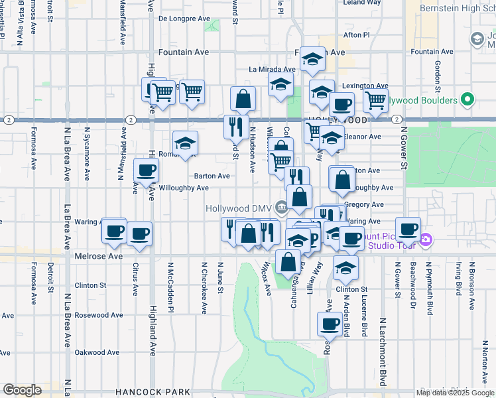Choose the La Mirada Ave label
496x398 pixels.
[x=272, y=69]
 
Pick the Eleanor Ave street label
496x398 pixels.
[x=363, y=137]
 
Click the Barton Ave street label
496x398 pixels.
[x=212, y=176]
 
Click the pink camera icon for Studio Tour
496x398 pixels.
[x=426, y=239]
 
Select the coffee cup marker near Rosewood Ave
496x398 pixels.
[x=330, y=324]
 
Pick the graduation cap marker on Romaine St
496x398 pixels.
[x=186, y=143]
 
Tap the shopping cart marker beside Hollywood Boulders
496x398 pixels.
[x=375, y=101]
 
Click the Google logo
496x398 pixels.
[x=22, y=390]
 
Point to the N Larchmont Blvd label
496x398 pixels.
[x=383, y=352]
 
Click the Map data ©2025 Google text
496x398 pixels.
[x=455, y=393]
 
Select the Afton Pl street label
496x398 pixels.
[x=356, y=34]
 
